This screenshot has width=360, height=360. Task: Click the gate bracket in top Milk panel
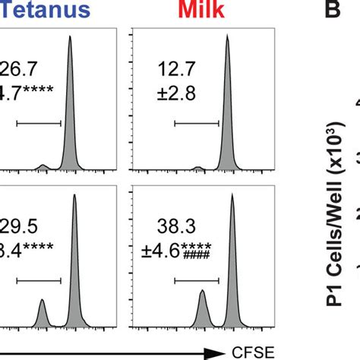pyautogui.click(x=197, y=122)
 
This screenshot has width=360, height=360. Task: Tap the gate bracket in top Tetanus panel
pyautogui.click(x=38, y=122)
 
